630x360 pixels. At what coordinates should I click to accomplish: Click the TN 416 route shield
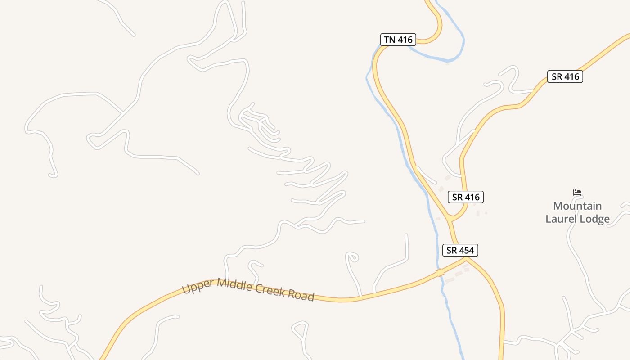pyautogui.click(x=398, y=40)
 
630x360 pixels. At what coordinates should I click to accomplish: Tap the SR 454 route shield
pyautogui.click(x=460, y=250)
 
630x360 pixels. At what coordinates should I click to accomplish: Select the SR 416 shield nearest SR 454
pyautogui.click(x=465, y=197)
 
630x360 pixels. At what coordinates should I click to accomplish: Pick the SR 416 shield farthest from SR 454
pyautogui.click(x=565, y=76)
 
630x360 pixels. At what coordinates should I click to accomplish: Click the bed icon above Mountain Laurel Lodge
pyautogui.click(x=577, y=193)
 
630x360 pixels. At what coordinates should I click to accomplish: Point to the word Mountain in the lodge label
pyautogui.click(x=577, y=206)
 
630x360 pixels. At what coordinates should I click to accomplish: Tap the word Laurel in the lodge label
pyautogui.click(x=561, y=219)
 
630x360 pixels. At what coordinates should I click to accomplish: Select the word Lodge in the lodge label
pyautogui.click(x=594, y=219)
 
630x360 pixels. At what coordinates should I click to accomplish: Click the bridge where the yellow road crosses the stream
pyautogui.click(x=440, y=273)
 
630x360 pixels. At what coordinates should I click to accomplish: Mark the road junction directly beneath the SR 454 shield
pyautogui.click(x=466, y=258)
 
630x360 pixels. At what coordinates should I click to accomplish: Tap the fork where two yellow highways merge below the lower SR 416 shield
pyautogui.click(x=451, y=220)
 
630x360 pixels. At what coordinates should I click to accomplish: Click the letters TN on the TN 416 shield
pyautogui.click(x=390, y=40)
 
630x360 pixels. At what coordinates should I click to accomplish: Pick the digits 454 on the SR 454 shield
pyautogui.click(x=466, y=250)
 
